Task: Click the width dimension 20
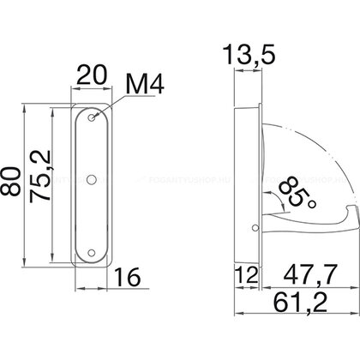[x=88, y=76]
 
